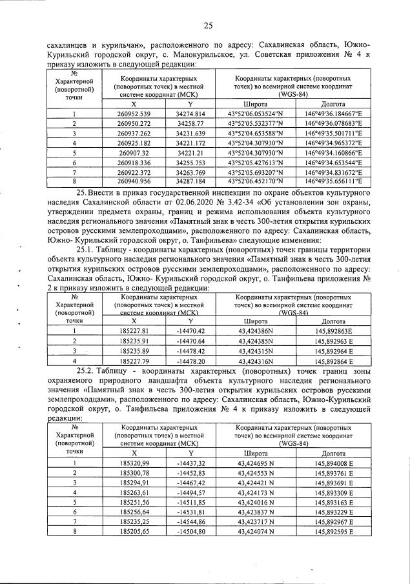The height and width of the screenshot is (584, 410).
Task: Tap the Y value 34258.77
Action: [x=190, y=123]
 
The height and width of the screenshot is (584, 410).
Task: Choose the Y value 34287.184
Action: [x=190, y=182]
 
